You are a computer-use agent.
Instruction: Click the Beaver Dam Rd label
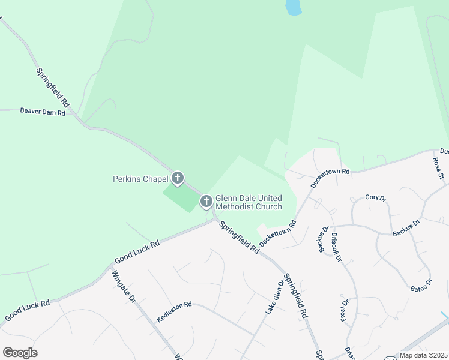[x=42, y=112]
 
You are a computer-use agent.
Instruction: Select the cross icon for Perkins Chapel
[x=178, y=178]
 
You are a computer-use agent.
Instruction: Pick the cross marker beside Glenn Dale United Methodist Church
[x=206, y=202]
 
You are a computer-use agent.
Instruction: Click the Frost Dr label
[x=345, y=310]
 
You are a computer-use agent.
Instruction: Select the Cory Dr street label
[x=375, y=197]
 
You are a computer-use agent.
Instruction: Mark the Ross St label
[x=438, y=169]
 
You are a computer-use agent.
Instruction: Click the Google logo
[x=20, y=353]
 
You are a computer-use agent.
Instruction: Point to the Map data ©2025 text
[x=423, y=355]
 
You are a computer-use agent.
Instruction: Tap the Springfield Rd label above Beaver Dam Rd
[x=53, y=88]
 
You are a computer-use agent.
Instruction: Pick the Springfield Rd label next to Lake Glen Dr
[x=297, y=295]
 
